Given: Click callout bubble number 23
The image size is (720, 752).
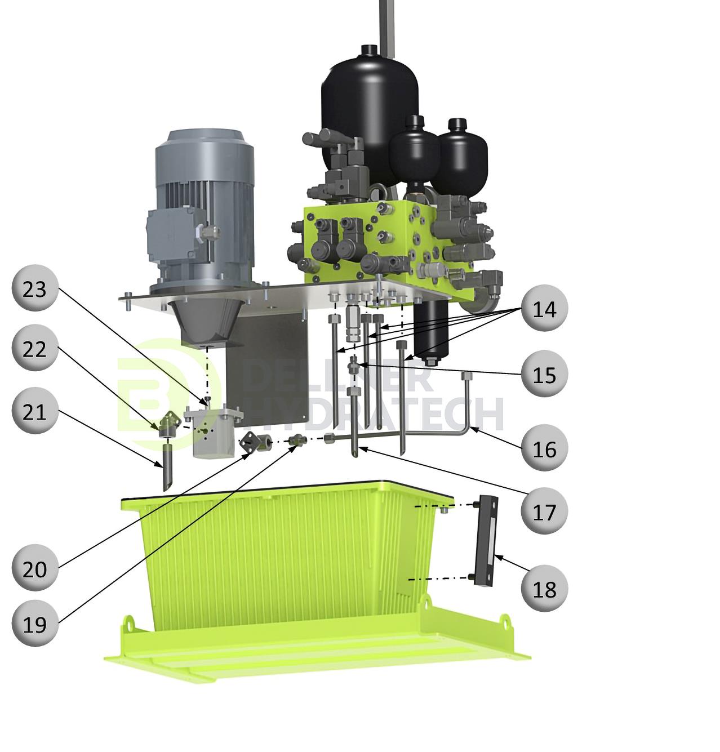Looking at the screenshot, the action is click(x=34, y=288).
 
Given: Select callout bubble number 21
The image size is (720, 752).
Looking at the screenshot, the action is click(x=34, y=412).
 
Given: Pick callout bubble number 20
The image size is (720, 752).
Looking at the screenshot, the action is click(x=34, y=568).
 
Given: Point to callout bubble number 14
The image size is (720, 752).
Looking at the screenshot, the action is click(x=544, y=309).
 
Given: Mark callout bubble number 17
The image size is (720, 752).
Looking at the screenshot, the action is click(x=544, y=511).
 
